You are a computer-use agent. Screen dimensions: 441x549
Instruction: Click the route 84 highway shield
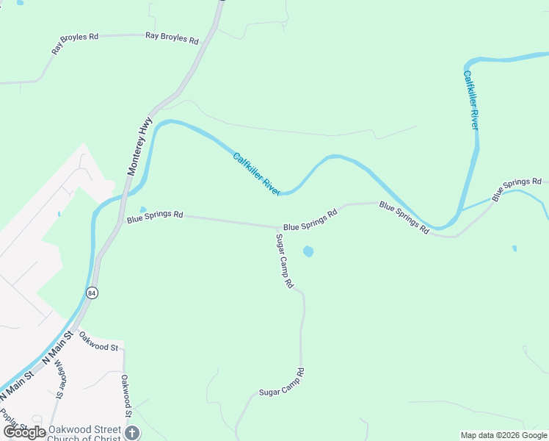coord(92,293)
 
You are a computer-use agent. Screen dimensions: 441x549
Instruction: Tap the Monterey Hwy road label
coord(139,146)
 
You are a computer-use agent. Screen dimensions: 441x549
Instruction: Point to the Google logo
coord(23,432)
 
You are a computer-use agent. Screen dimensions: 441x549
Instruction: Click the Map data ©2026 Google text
coord(503,435)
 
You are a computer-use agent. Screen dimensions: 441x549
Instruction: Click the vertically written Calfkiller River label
coord(471,99)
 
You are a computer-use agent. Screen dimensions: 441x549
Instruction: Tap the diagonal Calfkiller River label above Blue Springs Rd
coord(256,173)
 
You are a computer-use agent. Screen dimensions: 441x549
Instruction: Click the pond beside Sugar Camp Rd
coord(308,251)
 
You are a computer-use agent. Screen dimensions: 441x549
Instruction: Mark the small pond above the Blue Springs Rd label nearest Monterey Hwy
coord(142,209)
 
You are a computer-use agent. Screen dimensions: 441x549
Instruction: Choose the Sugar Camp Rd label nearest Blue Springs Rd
coord(284,261)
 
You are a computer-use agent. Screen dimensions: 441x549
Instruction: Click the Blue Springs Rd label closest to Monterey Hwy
coord(154,215)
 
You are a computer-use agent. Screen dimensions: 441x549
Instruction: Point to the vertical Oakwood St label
coord(126,396)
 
